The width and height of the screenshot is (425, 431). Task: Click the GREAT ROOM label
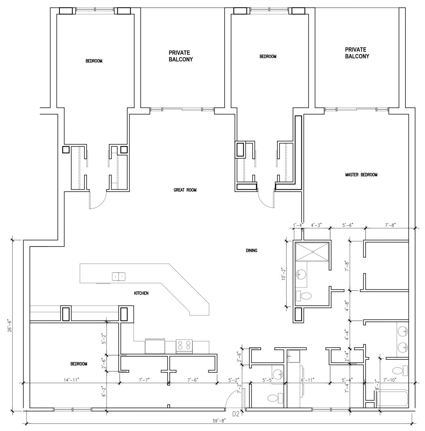pos(185,190)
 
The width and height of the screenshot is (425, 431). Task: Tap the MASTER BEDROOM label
pos(361,175)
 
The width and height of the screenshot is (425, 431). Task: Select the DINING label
pos(251,251)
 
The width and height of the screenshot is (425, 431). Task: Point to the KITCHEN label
pos(141,293)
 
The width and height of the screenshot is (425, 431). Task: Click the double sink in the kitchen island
pos(118,277)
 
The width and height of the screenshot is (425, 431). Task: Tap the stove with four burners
pos(184,347)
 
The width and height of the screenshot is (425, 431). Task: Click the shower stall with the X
pos(312,251)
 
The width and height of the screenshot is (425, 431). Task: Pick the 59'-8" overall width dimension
pos(219,421)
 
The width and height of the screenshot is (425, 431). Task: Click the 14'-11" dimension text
pos(72,380)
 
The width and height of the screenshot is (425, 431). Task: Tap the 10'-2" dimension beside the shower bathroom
pos(284,274)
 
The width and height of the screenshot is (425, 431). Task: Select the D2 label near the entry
pos(236,414)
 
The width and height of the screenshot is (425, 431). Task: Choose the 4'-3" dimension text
pos(316,225)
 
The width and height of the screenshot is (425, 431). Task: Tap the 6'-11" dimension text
pos(308,380)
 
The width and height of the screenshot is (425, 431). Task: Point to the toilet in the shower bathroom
pos(304,296)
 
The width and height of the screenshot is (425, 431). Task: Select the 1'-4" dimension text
pos(298,225)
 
